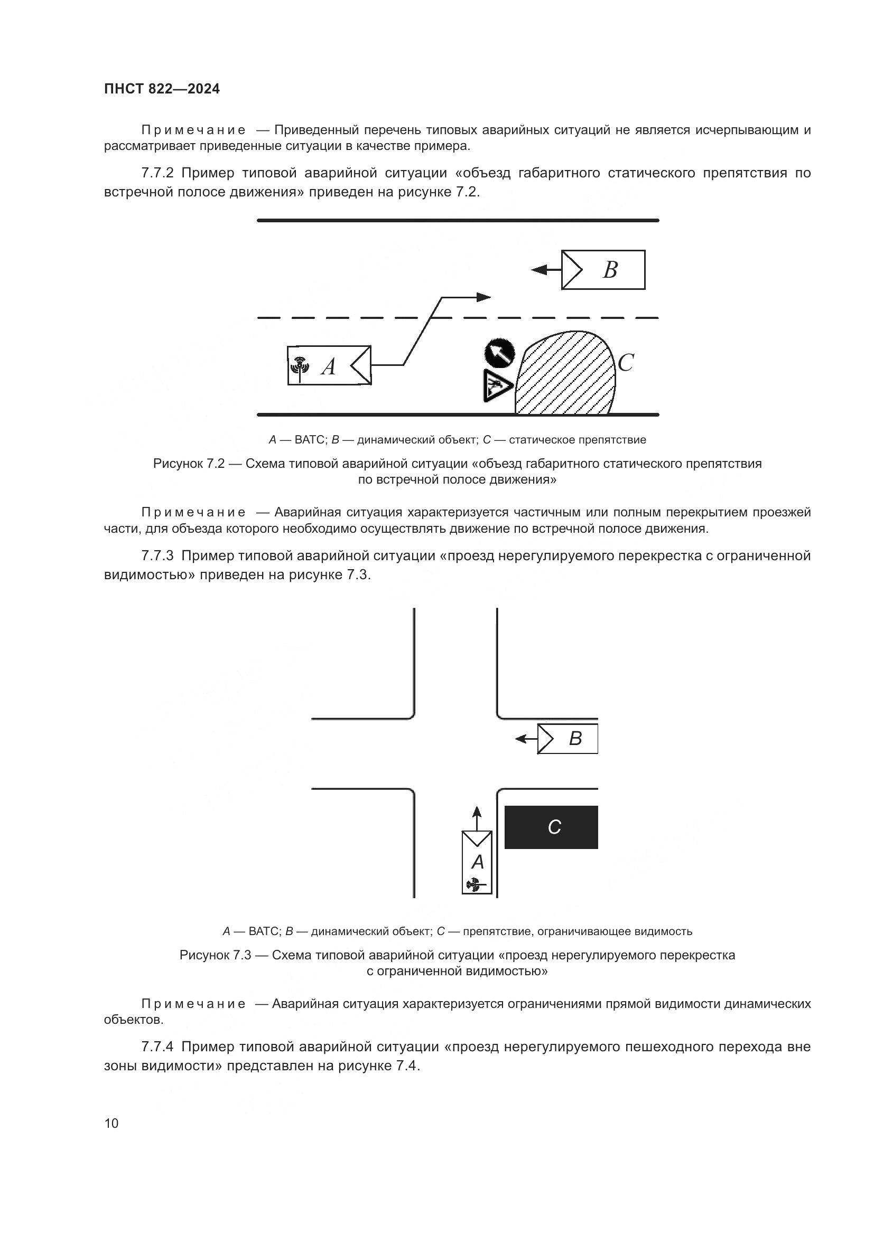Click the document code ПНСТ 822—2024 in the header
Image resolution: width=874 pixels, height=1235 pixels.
[x=162, y=89]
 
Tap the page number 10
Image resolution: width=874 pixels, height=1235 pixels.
[x=111, y=1123]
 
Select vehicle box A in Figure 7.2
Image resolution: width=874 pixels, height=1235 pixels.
[x=329, y=365]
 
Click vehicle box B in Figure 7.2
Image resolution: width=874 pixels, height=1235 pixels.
[x=603, y=269]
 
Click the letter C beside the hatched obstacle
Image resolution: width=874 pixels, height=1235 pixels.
[x=625, y=363]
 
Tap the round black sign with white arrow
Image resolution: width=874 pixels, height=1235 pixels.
[x=499, y=353]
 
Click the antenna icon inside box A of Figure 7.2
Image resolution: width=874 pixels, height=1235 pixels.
[x=300, y=366]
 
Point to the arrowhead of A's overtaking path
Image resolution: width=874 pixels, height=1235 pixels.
[x=484, y=297]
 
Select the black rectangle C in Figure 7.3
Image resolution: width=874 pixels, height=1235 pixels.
[x=551, y=827]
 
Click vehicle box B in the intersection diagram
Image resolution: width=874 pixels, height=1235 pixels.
[x=568, y=739]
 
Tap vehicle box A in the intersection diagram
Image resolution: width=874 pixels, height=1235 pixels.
[x=477, y=862]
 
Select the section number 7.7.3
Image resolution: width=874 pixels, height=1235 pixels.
[x=157, y=555]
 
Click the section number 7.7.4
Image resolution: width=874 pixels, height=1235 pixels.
[x=157, y=1047]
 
